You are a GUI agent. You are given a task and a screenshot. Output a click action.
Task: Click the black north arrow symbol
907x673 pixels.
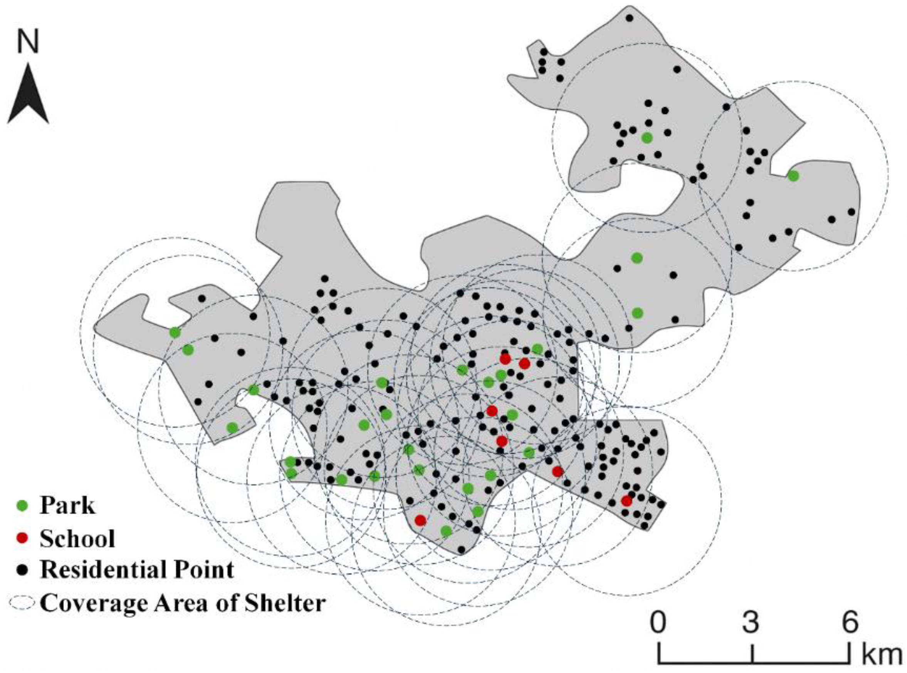pyautogui.click(x=28, y=96)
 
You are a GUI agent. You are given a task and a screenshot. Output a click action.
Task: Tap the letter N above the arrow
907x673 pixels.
pyautogui.click(x=28, y=42)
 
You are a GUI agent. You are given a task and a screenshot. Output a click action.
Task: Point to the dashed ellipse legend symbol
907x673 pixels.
pyautogui.click(x=23, y=603)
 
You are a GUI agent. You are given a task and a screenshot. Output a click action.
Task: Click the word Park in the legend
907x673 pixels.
pyautogui.click(x=68, y=506)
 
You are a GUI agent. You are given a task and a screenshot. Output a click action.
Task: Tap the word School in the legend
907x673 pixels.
pyautogui.click(x=77, y=539)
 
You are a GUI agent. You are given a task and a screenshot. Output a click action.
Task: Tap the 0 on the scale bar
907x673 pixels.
pyautogui.click(x=658, y=622)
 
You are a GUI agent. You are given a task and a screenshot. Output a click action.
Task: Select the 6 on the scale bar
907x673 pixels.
pyautogui.click(x=850, y=622)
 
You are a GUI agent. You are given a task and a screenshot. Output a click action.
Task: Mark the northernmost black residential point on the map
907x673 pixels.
pyautogui.click(x=629, y=18)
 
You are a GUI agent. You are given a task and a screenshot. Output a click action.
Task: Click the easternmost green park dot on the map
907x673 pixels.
pyautogui.click(x=793, y=176)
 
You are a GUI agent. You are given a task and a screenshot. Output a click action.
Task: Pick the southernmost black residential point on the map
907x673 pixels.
pyautogui.click(x=461, y=549)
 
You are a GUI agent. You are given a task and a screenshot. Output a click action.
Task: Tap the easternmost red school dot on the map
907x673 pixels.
pyautogui.click(x=627, y=501)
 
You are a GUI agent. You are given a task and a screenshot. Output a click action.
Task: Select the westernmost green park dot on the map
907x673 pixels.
pyautogui.click(x=175, y=332)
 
